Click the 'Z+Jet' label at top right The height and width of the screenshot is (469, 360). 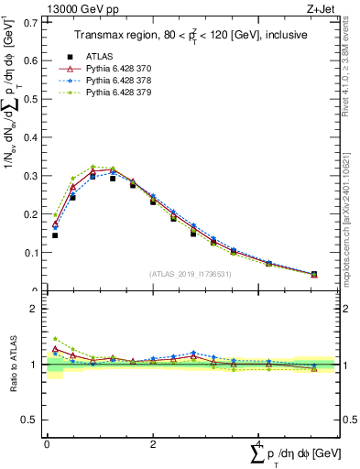318,8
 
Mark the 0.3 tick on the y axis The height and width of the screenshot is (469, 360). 29,175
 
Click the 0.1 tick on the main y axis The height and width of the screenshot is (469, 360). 29,252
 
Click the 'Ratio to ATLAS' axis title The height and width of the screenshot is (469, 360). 14,365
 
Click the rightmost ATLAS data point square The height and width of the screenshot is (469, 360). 314,274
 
